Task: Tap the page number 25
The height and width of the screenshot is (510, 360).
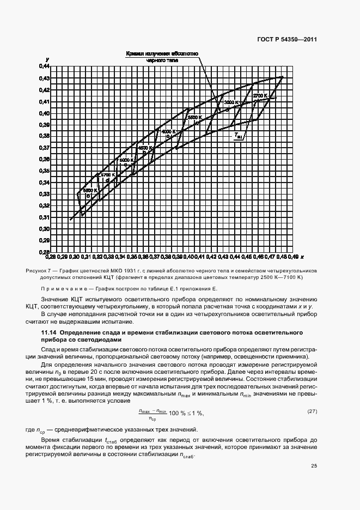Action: (x=314, y=465)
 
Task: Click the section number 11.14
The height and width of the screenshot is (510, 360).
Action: (x=50, y=332)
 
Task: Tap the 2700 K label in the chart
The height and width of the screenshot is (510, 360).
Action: (x=260, y=95)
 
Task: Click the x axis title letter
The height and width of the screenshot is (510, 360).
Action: (x=302, y=256)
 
